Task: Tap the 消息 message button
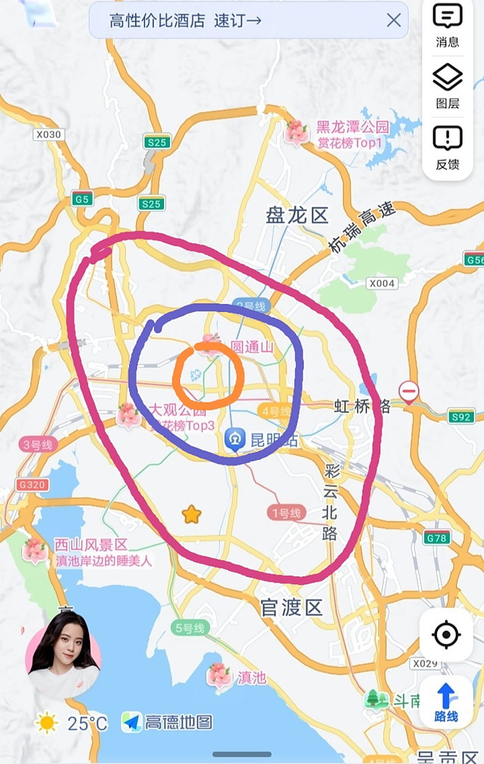pyautogui.click(x=448, y=25)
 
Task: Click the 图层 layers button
pyautogui.click(x=448, y=86)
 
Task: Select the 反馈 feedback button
pyautogui.click(x=448, y=147)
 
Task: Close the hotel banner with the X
pyautogui.click(x=394, y=20)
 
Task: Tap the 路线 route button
pyautogui.click(x=446, y=702)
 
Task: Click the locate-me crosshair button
pyautogui.click(x=446, y=634)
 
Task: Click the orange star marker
pyautogui.click(x=192, y=514)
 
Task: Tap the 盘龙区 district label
pyautogui.click(x=297, y=215)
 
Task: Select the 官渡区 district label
pyautogui.click(x=292, y=608)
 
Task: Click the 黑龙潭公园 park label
pyautogui.click(x=352, y=127)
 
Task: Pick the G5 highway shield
pyautogui.click(x=82, y=199)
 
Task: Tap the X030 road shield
pyautogui.click(x=48, y=134)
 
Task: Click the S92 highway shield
pyautogui.click(x=461, y=417)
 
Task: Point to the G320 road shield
pyautogui.click(x=32, y=485)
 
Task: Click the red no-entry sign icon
pyautogui.click(x=409, y=392)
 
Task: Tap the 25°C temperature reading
pyautogui.click(x=87, y=723)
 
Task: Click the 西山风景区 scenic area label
pyautogui.click(x=91, y=544)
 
